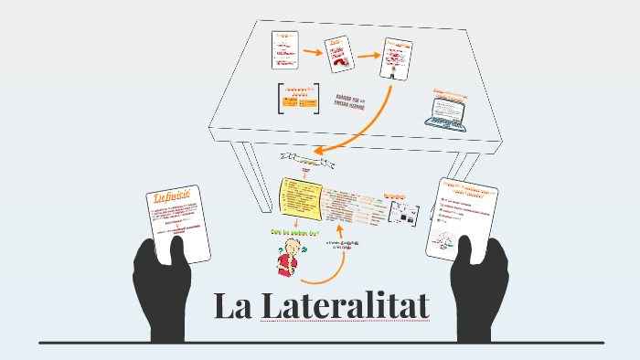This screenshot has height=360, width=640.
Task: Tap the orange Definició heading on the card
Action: pyautogui.click(x=172, y=198)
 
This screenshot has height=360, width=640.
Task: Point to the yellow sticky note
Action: pyautogui.click(x=300, y=200)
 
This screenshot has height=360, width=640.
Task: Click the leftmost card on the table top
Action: pyautogui.click(x=285, y=49)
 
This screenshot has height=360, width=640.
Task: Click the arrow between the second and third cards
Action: pyautogui.click(x=369, y=56)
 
